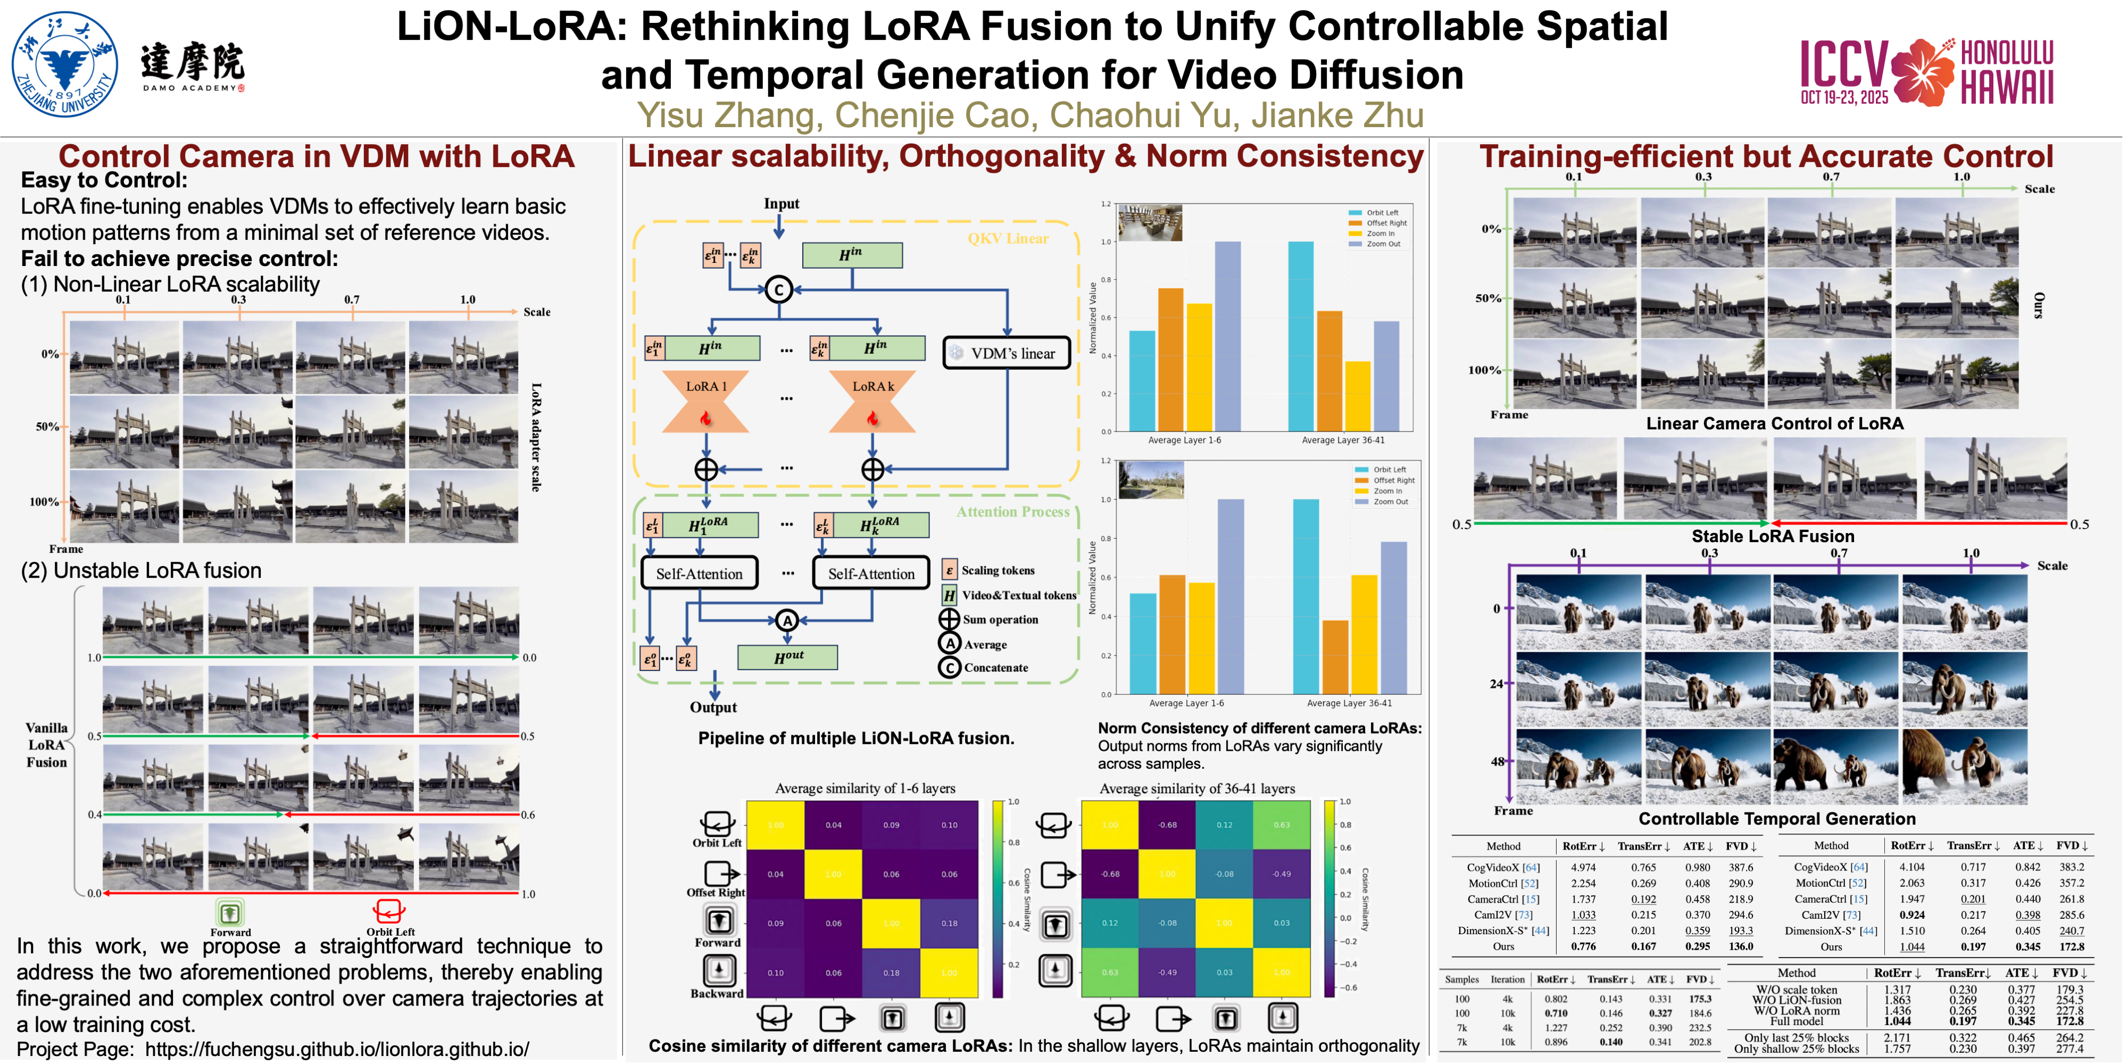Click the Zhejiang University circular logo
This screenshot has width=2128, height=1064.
tap(64, 64)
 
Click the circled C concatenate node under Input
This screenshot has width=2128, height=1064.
tap(778, 290)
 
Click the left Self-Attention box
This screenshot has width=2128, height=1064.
tap(699, 573)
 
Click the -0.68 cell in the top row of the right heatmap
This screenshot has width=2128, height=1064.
tap(1167, 825)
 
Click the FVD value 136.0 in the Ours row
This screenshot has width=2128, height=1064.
tap(1741, 947)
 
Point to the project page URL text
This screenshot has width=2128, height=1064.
tap(337, 1049)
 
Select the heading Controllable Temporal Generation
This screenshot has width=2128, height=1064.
tap(1776, 819)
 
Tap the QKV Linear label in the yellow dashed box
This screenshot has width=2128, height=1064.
tap(1008, 239)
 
